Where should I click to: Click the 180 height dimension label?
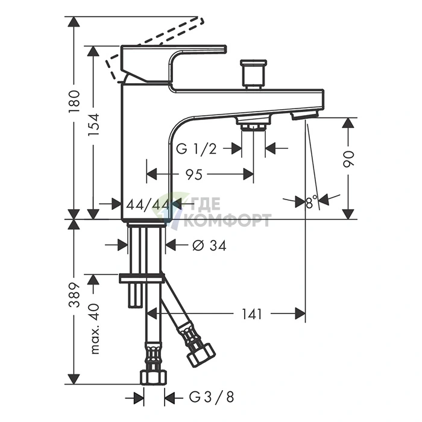tap(75, 102)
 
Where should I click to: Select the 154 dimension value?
tap(93, 125)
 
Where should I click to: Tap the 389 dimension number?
tap(75, 295)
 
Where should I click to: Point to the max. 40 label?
tap(94, 329)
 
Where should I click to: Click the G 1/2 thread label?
tap(196, 148)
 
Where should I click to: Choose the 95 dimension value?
tap(194, 175)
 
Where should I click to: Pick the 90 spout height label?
tap(349, 159)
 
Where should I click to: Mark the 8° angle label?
tap(312, 202)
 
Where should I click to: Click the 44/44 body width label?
tap(148, 205)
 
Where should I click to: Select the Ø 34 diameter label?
tap(209, 245)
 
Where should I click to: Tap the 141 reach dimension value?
tap(251, 314)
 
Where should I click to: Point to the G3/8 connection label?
tap(211, 397)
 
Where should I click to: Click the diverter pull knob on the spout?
tap(253, 75)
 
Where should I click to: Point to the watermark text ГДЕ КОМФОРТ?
tap(228, 212)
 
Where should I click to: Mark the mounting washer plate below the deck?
tap(141, 279)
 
